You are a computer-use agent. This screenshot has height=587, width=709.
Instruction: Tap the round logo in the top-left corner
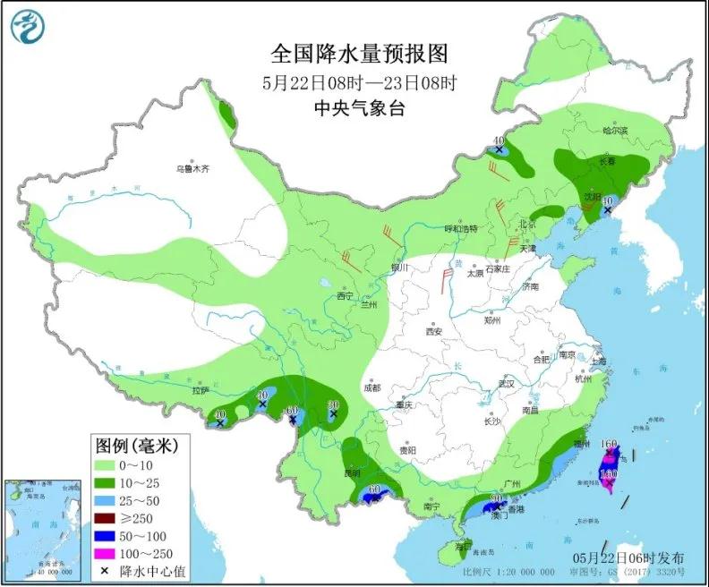(28, 27)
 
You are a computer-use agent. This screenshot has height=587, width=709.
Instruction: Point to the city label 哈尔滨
(615, 132)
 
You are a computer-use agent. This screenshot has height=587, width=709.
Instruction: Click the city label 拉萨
(200, 390)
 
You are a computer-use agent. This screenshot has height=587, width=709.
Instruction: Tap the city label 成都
(372, 387)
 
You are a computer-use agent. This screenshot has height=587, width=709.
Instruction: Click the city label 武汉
(508, 384)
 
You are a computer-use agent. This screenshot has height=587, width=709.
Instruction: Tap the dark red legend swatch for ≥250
(110, 508)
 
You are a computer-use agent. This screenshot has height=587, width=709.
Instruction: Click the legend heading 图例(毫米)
(139, 445)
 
